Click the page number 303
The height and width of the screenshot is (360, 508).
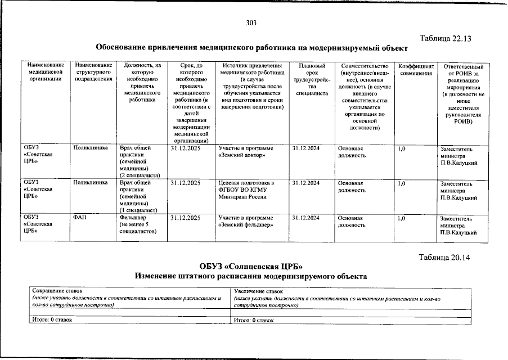coord(251,23)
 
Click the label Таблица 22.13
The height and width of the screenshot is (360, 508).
coord(444,38)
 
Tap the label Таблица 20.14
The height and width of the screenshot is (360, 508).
coord(444,258)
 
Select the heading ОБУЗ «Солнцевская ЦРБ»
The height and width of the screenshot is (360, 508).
coord(250,266)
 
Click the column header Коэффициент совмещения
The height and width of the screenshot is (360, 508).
coord(416,70)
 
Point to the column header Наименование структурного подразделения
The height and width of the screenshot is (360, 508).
coord(93,73)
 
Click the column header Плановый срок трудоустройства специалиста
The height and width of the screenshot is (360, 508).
coord(312,80)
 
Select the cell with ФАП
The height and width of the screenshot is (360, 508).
coord(79,218)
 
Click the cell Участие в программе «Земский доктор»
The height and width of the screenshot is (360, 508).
coord(246,151)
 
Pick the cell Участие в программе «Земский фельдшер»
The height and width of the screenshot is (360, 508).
coord(246,221)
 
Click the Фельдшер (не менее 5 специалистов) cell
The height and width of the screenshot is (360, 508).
coord(138,224)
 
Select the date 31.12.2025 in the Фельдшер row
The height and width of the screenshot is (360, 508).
coord(185,218)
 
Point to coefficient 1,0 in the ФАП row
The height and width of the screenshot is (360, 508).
coord(402,218)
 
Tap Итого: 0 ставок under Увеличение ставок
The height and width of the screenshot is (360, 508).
coord(254,319)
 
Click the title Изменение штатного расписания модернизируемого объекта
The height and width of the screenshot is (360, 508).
coord(250,276)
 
